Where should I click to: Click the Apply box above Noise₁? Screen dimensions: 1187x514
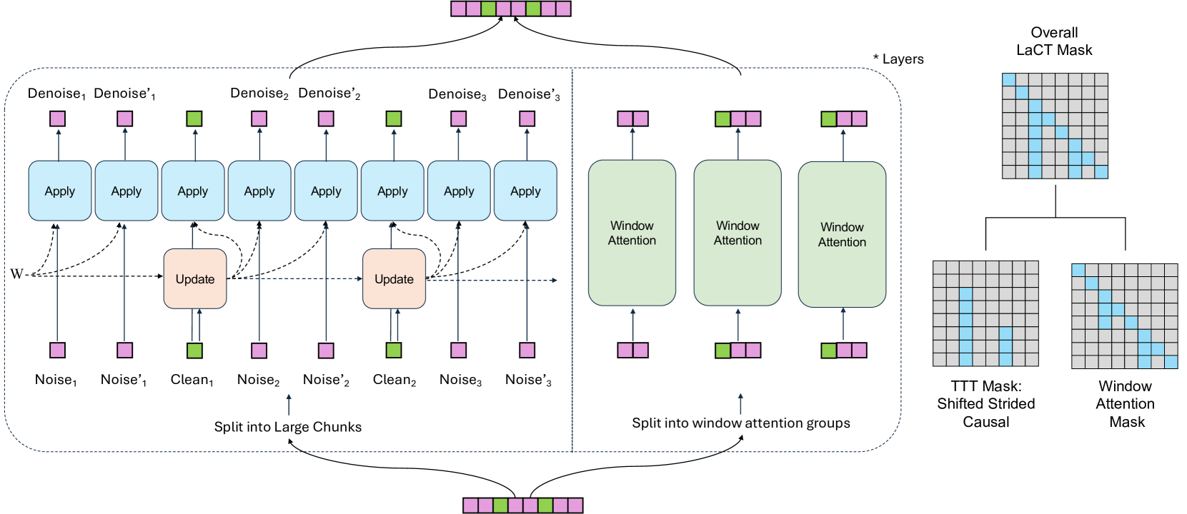[x=60, y=191]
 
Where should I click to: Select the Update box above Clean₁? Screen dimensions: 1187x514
[x=195, y=278]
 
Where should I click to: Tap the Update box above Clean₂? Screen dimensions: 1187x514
[x=394, y=278]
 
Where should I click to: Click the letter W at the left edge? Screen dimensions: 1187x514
[x=16, y=273]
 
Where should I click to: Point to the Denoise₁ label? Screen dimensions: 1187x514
[x=56, y=94]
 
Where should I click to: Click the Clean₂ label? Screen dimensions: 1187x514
[x=394, y=380]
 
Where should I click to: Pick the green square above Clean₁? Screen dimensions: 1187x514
[x=195, y=351]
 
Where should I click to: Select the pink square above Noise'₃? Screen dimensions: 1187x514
[x=527, y=351]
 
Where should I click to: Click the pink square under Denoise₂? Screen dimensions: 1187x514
[x=259, y=119]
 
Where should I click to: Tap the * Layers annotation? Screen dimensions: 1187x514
[x=898, y=59]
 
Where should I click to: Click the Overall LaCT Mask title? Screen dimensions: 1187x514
[x=1055, y=41]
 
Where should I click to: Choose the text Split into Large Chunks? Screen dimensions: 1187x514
[x=288, y=427]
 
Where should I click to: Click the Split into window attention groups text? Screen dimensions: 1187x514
[x=741, y=423]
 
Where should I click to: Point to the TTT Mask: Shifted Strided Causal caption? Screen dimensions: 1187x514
[x=986, y=404]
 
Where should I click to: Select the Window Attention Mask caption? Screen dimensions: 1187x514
[x=1126, y=404]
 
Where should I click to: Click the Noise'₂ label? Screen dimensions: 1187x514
[x=326, y=380]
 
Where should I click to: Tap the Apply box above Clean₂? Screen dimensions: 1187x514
[x=392, y=191]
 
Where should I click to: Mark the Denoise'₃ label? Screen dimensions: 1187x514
[x=529, y=94]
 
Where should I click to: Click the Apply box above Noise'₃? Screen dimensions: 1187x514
[x=526, y=191]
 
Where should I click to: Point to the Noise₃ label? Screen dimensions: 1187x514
[x=460, y=380]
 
